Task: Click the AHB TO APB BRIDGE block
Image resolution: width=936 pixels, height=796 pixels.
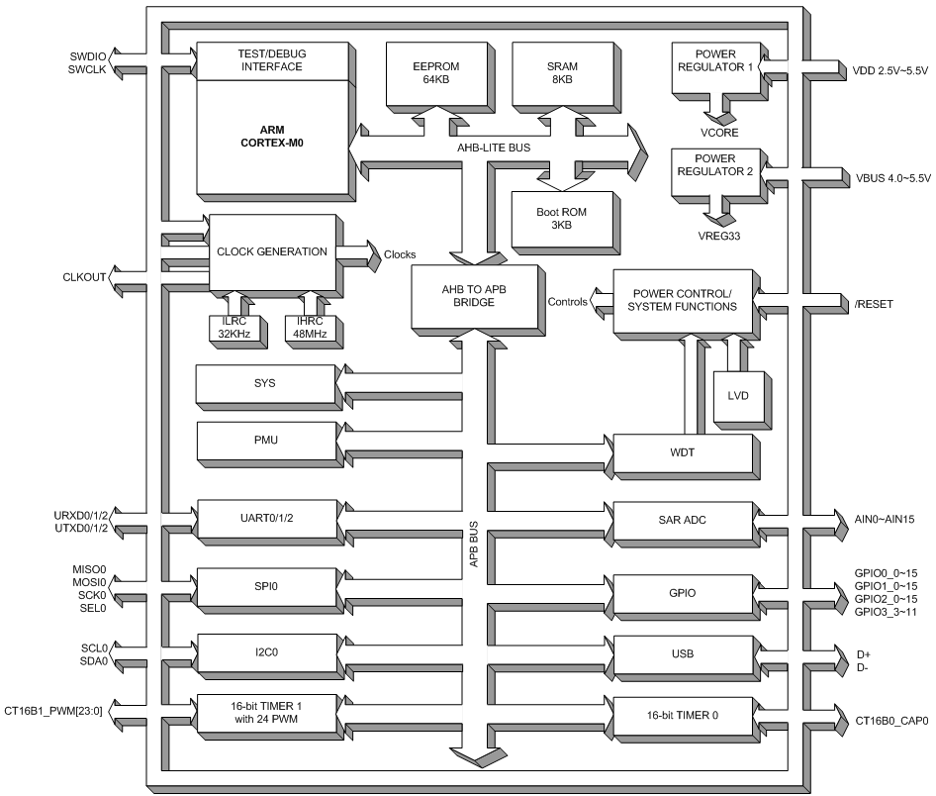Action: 471,296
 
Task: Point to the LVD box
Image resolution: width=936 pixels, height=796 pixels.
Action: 737,394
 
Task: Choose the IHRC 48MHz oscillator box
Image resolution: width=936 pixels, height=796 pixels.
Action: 308,328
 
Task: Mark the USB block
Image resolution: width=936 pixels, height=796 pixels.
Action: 683,654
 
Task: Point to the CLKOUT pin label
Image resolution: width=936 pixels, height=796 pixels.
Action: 85,277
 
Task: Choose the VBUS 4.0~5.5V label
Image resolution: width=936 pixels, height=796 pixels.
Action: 888,178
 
